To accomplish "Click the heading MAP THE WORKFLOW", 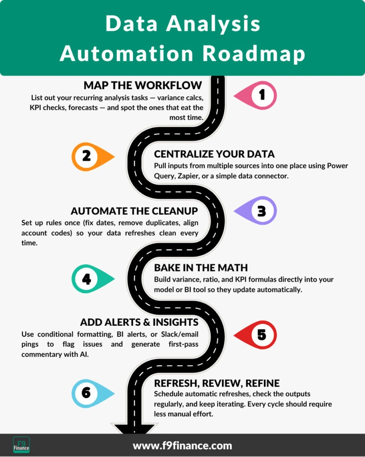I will [143, 85].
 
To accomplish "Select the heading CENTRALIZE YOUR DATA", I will [214, 154].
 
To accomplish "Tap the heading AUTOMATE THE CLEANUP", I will [134, 211].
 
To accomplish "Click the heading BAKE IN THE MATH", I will [201, 268].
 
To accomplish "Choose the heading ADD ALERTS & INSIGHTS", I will [139, 322].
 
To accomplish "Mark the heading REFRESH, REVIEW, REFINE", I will [217, 383].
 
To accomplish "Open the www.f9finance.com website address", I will [182, 445].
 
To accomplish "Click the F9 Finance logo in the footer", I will [21, 445].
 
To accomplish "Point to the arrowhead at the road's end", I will [134, 429].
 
